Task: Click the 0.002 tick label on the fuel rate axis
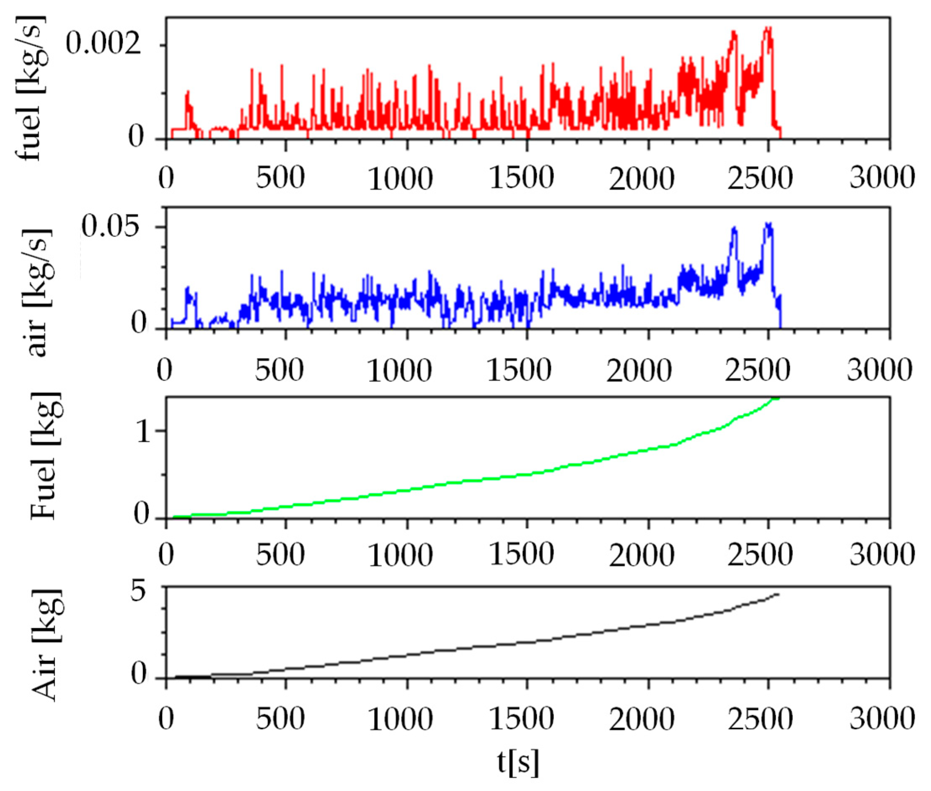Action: pyautogui.click(x=103, y=45)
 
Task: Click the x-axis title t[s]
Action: pyautogui.click(x=518, y=762)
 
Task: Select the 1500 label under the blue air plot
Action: pyautogui.click(x=519, y=371)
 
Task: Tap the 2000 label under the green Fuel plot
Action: pyautogui.click(x=641, y=555)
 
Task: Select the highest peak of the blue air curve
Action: pyautogui.click(x=768, y=224)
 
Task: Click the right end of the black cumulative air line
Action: pyautogui.click(x=778, y=595)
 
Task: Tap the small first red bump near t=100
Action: pyautogui.click(x=188, y=93)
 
